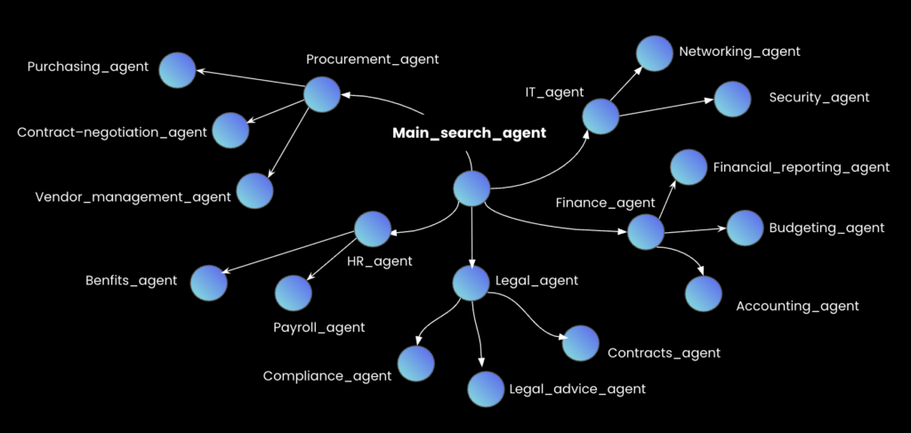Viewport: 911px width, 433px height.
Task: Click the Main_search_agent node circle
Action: tap(472, 188)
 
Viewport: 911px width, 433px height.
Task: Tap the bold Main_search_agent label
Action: tap(469, 133)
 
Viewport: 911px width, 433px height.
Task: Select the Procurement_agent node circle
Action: tap(322, 94)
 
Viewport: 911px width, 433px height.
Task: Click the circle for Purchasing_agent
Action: tap(178, 69)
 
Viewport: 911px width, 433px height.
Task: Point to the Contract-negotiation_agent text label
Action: tap(112, 132)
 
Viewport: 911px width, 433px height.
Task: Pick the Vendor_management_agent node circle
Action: tap(254, 190)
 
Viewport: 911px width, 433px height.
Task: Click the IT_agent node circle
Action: tap(601, 116)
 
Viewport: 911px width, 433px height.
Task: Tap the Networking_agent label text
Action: tap(739, 52)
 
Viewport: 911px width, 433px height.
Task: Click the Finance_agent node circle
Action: tap(646, 231)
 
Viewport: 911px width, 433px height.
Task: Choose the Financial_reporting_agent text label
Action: tap(801, 167)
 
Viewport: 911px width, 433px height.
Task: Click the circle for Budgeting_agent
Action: tap(745, 229)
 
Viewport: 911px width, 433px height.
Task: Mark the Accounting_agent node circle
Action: tap(704, 294)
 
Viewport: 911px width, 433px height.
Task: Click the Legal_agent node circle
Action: tap(471, 283)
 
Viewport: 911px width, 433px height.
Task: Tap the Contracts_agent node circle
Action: tap(580, 343)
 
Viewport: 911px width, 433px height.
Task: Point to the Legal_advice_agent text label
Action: tap(576, 389)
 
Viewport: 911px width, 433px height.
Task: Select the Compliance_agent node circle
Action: tap(415, 364)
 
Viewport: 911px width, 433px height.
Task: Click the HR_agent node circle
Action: tap(373, 229)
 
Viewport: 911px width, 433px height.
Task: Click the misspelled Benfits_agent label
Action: tap(131, 281)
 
